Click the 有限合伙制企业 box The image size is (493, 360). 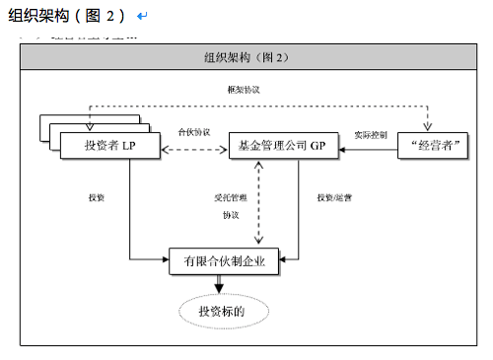coord(224,262)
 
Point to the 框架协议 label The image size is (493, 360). coord(243,91)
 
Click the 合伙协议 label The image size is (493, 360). coord(193,131)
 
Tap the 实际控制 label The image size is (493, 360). coord(371,134)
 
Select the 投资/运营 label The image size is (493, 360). coord(333,197)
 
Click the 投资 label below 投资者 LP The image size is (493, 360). coord(97,197)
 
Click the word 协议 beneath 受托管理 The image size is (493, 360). coord(231,214)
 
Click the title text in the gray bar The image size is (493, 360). coord(245,58)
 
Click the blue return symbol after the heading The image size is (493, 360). coord(143,17)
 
